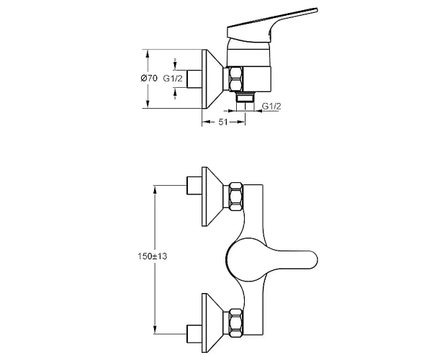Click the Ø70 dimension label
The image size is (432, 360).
coord(149,78)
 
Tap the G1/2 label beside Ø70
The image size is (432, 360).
coord(173,78)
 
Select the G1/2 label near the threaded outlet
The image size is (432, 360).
coord(271,106)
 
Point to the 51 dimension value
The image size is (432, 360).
coord(223,122)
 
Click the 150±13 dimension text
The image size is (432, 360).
coord(153,256)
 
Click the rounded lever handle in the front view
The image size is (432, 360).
coord(271,260)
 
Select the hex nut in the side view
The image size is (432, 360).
coord(236,78)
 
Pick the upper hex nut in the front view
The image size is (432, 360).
coord(236,197)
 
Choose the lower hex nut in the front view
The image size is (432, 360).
coord(236,323)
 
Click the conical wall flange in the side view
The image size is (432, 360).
coord(212,79)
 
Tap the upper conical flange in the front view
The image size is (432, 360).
coord(212,197)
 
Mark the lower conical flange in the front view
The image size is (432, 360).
coord(212,323)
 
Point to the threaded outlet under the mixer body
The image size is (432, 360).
coord(245,102)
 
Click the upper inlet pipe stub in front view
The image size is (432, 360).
coord(194,185)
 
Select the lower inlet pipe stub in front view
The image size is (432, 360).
coord(194,334)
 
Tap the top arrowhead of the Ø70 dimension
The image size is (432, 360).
coord(148,53)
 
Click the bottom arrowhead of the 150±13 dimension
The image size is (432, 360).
coord(155,330)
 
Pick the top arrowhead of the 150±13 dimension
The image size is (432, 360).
coord(155,189)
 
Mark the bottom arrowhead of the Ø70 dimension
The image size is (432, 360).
coord(148,104)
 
